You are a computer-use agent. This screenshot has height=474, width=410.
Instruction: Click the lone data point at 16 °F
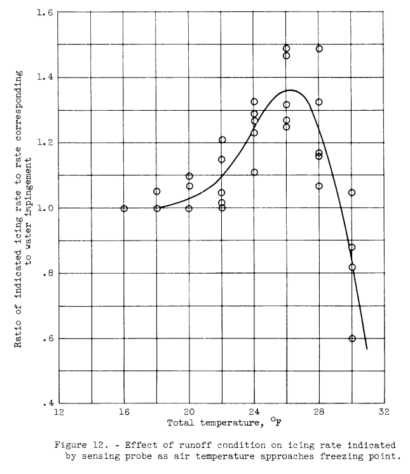124,209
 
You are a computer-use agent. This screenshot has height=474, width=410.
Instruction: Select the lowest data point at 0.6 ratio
352,338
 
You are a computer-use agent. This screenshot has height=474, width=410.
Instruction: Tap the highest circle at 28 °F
319,48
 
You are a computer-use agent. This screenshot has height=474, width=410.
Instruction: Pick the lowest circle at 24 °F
254,172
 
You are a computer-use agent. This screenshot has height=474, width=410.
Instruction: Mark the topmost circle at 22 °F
222,140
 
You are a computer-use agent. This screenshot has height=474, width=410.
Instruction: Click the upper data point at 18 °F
157,192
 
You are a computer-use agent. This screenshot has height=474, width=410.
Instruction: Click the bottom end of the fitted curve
367,349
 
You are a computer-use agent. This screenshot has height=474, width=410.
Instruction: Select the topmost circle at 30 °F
352,192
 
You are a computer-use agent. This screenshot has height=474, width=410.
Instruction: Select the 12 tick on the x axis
59,412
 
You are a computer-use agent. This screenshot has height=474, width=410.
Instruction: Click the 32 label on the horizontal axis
383,412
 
